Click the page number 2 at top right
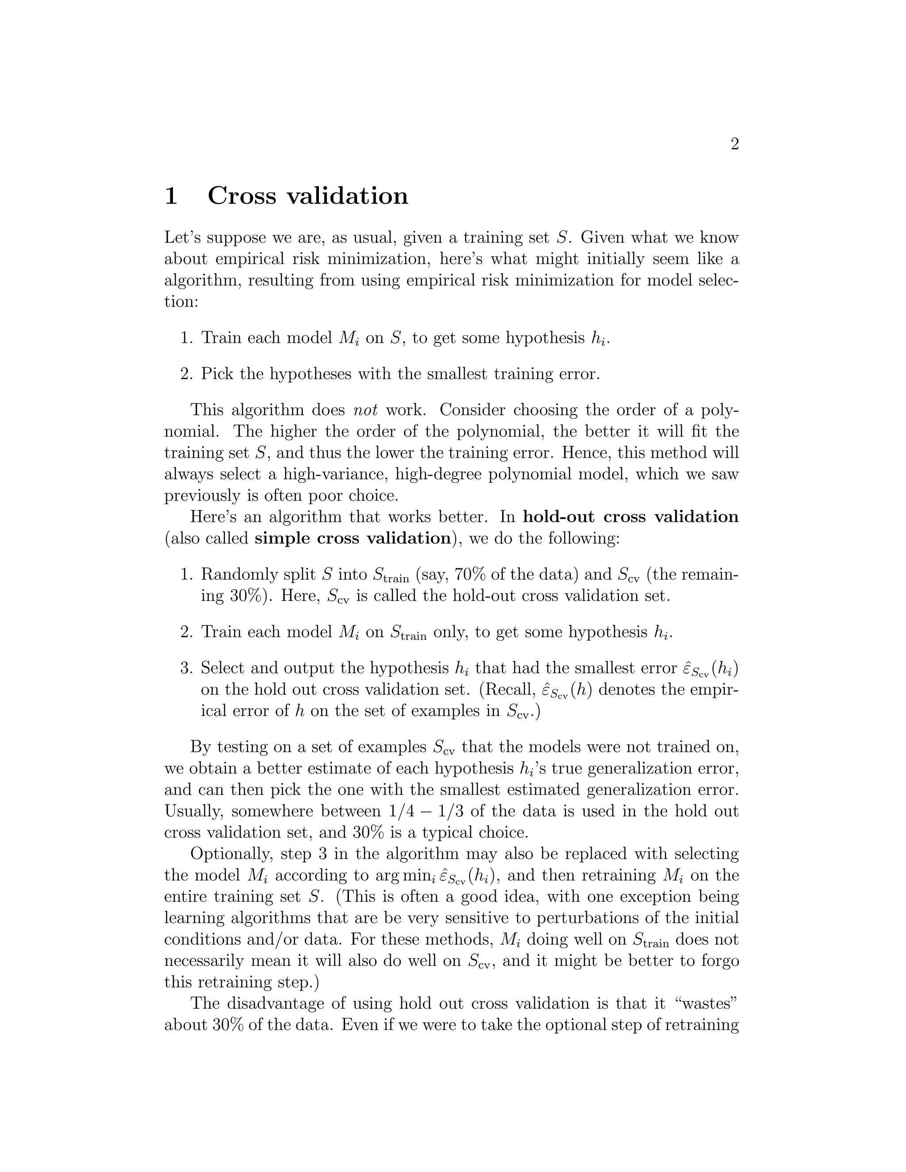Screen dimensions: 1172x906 735,144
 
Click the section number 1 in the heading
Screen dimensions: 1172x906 171,196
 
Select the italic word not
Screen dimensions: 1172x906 365,410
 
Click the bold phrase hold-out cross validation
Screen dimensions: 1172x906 630,517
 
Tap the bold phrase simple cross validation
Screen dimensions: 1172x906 352,538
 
